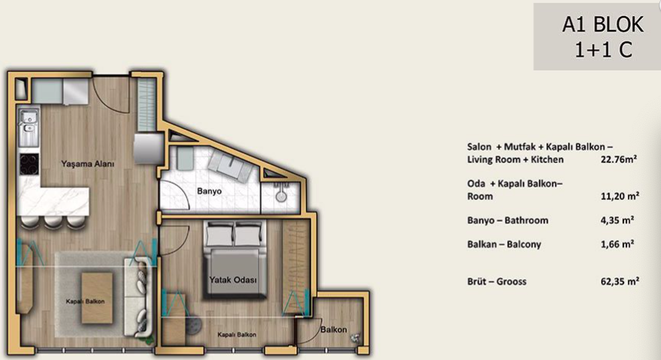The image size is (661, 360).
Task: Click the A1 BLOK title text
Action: [x=603, y=25]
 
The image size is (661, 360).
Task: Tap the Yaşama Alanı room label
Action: [x=88, y=164]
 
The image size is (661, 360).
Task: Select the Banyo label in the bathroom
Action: [x=209, y=191]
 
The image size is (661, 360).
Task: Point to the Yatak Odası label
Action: [x=233, y=279]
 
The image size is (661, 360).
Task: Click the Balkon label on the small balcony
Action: [x=333, y=329]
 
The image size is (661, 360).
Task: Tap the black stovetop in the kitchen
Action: [x=29, y=164]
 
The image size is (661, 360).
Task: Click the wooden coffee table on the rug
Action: [x=97, y=298]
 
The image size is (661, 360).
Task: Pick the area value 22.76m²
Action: [x=619, y=159]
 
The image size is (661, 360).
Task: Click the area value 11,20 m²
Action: [x=619, y=196]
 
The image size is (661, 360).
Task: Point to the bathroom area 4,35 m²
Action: [x=617, y=220]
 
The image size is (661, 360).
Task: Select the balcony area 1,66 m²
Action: [x=617, y=244]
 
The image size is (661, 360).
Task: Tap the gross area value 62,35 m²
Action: [x=619, y=282]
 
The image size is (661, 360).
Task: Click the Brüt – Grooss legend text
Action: [x=496, y=282]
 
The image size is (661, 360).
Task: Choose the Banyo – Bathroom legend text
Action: [x=508, y=220]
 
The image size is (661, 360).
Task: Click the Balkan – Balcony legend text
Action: [x=504, y=245]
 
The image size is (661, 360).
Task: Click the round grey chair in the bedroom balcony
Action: [x=194, y=325]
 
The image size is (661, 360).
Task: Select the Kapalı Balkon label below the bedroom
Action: [x=236, y=335]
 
